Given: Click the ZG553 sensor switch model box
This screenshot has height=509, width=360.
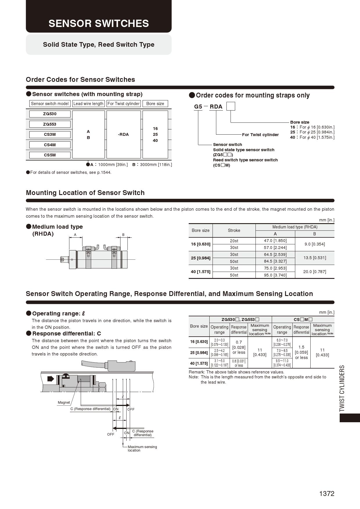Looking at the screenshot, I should [x=50, y=124].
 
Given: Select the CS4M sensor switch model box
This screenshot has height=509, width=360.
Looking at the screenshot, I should [x=50, y=145].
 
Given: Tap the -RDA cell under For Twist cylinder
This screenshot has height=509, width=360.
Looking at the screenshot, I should [x=123, y=134].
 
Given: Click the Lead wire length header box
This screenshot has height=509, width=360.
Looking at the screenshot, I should [x=88, y=104].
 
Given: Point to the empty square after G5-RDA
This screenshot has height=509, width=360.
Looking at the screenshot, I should [x=231, y=107].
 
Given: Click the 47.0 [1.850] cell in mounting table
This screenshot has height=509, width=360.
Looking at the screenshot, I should [x=275, y=241].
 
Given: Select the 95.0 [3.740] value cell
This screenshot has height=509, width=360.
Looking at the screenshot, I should [x=275, y=275].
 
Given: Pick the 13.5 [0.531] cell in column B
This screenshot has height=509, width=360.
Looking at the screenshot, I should [x=314, y=258].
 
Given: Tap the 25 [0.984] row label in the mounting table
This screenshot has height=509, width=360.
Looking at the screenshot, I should [x=201, y=258].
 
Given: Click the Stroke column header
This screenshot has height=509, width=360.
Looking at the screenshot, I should [x=234, y=230].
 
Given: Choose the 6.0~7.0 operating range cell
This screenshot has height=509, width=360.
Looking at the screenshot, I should [x=282, y=342].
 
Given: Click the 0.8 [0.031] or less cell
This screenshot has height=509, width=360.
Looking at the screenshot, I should [x=239, y=363].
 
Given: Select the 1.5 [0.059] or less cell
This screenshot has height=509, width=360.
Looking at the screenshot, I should [x=301, y=352].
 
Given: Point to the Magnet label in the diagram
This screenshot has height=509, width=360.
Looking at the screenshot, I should [x=64, y=402].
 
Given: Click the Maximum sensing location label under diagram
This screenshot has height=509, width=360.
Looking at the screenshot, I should [x=142, y=448].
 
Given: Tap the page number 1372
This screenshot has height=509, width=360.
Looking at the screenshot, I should [x=327, y=494].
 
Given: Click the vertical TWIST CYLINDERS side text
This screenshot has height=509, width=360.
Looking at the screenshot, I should [x=342, y=388].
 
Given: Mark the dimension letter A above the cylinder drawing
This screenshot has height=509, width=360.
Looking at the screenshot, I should [x=75, y=235].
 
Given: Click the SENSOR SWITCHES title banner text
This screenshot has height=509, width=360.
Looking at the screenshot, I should [x=99, y=24].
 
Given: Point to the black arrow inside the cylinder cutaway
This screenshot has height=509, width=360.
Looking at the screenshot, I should [x=51, y=379].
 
